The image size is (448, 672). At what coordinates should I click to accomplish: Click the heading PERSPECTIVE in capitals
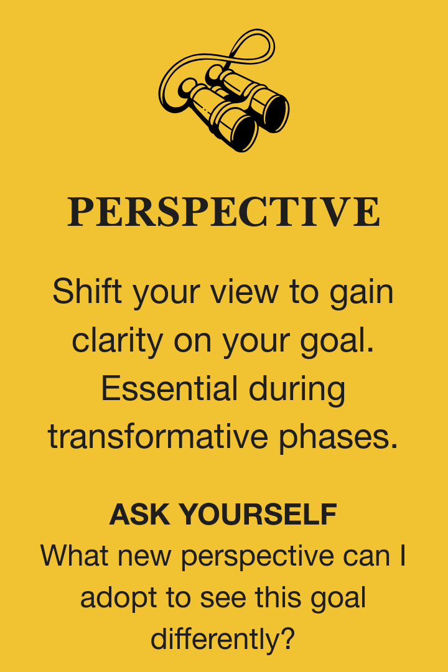point(223,212)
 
